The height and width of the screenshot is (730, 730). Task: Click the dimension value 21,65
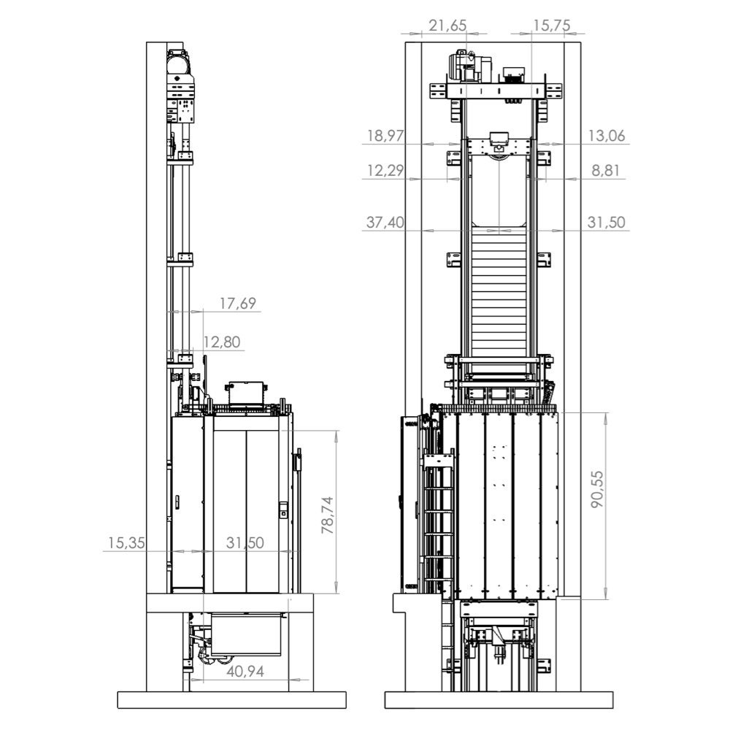[447, 26]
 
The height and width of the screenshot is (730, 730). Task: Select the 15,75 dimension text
[553, 26]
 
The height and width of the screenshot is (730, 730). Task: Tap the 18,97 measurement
[385, 136]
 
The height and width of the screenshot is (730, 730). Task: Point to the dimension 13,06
[605, 136]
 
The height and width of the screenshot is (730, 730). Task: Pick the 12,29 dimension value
[385, 171]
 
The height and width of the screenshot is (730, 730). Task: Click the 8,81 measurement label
[605, 171]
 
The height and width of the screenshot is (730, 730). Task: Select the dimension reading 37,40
[385, 222]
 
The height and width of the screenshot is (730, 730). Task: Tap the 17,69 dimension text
[237, 303]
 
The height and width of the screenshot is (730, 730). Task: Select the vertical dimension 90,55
[598, 489]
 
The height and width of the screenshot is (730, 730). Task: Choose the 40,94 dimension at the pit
[245, 672]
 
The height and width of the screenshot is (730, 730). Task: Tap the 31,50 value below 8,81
[605, 222]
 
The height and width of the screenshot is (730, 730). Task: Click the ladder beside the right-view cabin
[435, 526]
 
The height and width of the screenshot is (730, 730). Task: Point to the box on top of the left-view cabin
[246, 394]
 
